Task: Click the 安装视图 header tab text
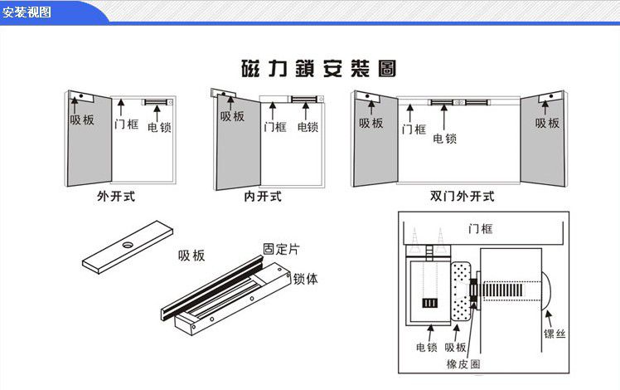pos(27,11)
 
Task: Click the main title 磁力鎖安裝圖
pos(317,68)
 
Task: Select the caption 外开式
pos(115,197)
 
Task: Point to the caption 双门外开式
pos(462,197)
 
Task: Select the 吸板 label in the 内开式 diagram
pos(232,116)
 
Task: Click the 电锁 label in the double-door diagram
pos(444,139)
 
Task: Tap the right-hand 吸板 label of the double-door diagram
pos(547,123)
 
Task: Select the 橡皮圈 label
pos(462,363)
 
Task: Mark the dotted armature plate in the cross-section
pos(459,290)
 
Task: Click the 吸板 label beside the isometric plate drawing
pos(191,256)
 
